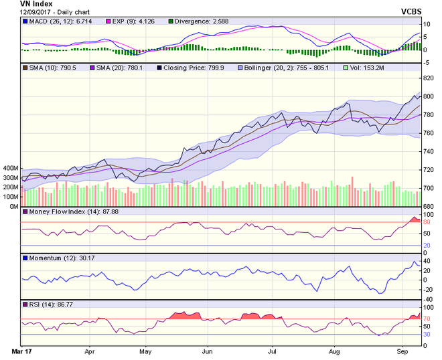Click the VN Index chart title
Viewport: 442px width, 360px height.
pyautogui.click(x=29, y=5)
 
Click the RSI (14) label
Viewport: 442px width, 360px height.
pyautogui.click(x=46, y=304)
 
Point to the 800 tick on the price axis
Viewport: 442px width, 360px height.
pyautogui.click(x=428, y=96)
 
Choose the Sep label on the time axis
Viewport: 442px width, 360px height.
pyautogui.click(x=402, y=350)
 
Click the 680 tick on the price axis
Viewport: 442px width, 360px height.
pyautogui.click(x=428, y=206)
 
